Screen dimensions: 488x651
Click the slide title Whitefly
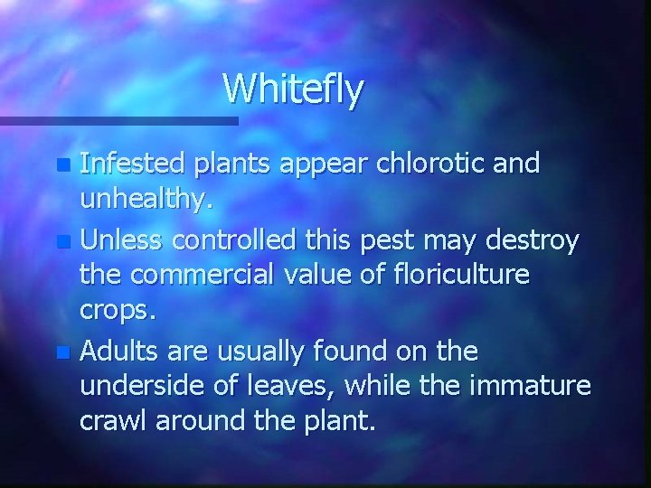(x=294, y=89)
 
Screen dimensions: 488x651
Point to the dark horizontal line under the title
(x=118, y=119)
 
